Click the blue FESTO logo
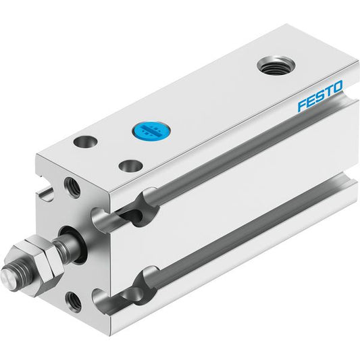320,95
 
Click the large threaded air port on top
276,66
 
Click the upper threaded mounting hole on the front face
72,188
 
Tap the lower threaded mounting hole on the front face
74,302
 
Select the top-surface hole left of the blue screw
85,141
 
